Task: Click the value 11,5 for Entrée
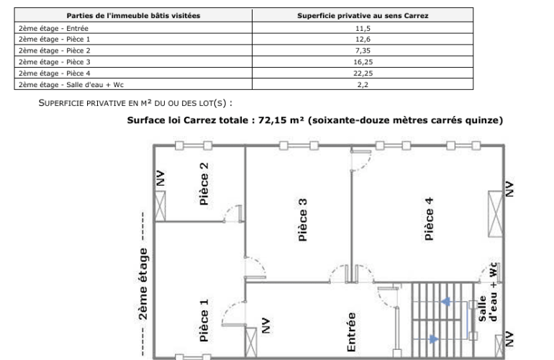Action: (363, 28)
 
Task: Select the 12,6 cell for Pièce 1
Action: (363, 40)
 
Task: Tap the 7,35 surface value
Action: (363, 50)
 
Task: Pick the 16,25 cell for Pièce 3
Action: (363, 62)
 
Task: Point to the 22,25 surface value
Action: (363, 73)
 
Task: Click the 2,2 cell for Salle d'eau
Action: (363, 84)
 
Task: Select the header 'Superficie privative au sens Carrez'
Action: (363, 16)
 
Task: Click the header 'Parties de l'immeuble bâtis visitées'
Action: (133, 16)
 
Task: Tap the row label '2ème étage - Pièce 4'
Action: (55, 73)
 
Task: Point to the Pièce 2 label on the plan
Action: (204, 184)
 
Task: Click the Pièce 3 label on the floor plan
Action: (303, 220)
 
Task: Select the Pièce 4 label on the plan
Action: (429, 219)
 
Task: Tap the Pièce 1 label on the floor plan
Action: (204, 320)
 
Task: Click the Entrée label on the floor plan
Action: (351, 332)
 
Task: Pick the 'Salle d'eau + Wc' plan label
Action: (488, 292)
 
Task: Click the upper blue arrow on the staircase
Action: (445, 302)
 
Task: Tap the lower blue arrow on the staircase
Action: (434, 339)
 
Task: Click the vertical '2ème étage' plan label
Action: (142, 284)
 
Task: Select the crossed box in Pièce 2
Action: (160, 206)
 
